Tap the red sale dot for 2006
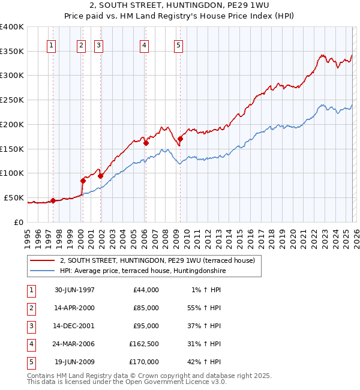point(146,143)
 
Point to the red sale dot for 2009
point(180,139)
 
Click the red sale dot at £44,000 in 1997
point(53,200)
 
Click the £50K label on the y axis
point(14,197)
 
